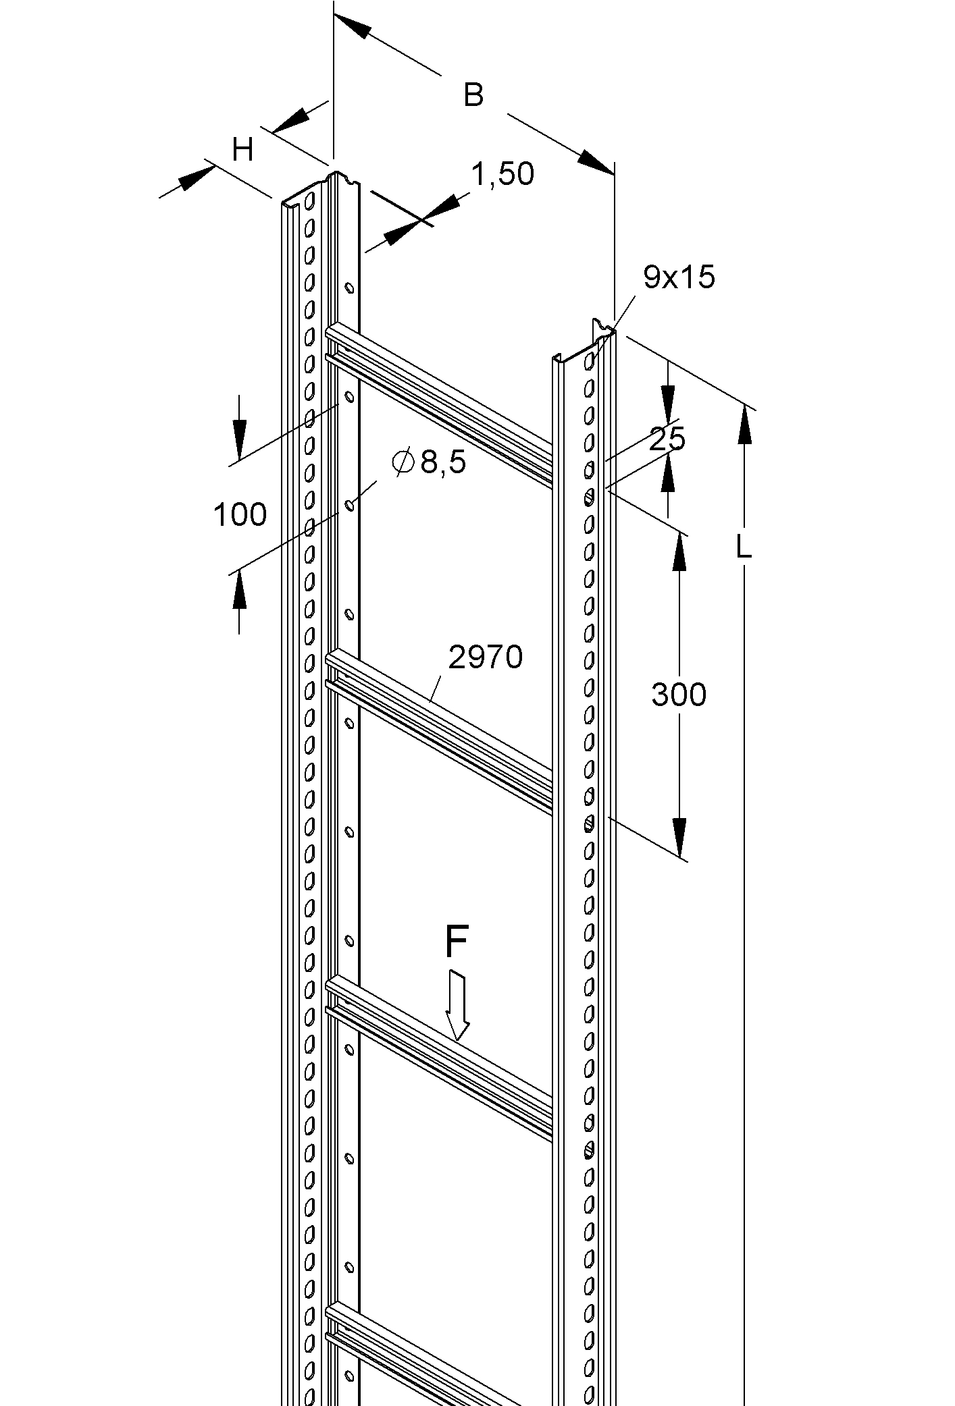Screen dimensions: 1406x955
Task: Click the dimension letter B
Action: pos(473,95)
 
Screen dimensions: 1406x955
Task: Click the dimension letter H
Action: pos(242,149)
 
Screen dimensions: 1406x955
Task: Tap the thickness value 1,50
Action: pos(502,174)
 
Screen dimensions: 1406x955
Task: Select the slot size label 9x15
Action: pos(679,277)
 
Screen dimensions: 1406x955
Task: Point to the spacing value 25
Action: pos(667,439)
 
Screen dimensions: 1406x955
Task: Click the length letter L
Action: pos(744,547)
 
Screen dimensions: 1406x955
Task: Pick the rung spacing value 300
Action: pos(679,695)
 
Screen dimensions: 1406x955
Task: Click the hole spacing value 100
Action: pos(240,515)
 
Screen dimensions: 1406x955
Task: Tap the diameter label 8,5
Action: pos(443,463)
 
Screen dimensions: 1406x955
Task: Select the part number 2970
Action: pos(486,657)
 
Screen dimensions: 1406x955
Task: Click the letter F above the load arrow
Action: pos(457,942)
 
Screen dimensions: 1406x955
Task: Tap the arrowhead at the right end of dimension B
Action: pos(596,163)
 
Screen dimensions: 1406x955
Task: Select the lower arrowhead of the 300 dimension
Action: pos(679,838)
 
